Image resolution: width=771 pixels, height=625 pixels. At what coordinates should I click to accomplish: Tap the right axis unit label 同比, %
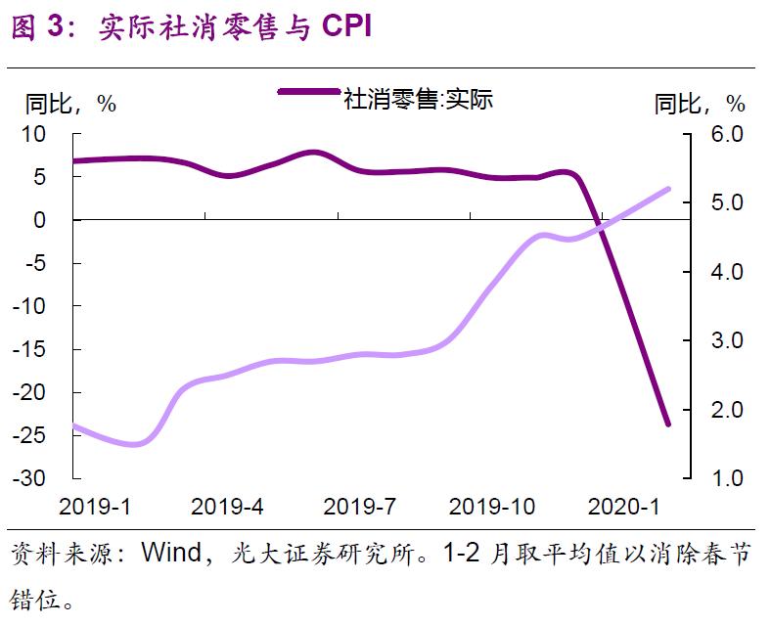700,104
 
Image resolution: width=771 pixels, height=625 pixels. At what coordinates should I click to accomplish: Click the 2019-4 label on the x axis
227,507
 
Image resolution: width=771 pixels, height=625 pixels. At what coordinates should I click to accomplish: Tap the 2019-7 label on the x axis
359,507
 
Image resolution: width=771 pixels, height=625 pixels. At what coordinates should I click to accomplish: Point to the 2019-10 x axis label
491,507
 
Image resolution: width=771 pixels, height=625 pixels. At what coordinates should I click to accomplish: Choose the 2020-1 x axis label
624,507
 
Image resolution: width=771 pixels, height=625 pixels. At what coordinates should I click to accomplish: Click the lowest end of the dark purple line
668,424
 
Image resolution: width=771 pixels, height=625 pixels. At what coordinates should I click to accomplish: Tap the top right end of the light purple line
669,189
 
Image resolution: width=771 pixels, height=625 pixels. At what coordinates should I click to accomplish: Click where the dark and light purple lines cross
598,229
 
